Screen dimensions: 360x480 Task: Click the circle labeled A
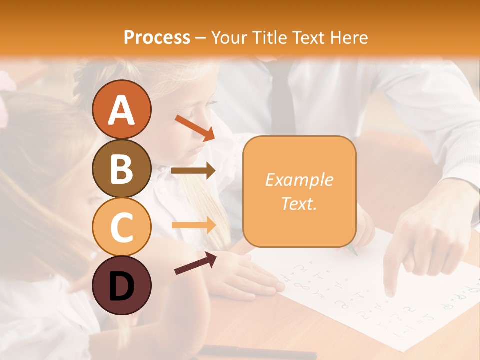coord(121,109)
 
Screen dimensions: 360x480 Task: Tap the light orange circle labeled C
coord(121,226)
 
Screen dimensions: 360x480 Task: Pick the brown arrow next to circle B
coord(193,171)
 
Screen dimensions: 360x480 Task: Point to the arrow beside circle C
coord(193,225)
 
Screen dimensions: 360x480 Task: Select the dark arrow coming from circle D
coord(195,263)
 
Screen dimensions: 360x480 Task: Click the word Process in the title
coord(157,37)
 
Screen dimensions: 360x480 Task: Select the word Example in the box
coord(299,180)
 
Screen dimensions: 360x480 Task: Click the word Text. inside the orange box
coord(299,203)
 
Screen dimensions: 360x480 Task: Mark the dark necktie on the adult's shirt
coord(283,95)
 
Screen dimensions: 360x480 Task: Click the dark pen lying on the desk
coord(260,352)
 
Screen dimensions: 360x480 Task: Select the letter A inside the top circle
coord(121,110)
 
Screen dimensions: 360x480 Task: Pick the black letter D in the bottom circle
coord(121,286)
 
